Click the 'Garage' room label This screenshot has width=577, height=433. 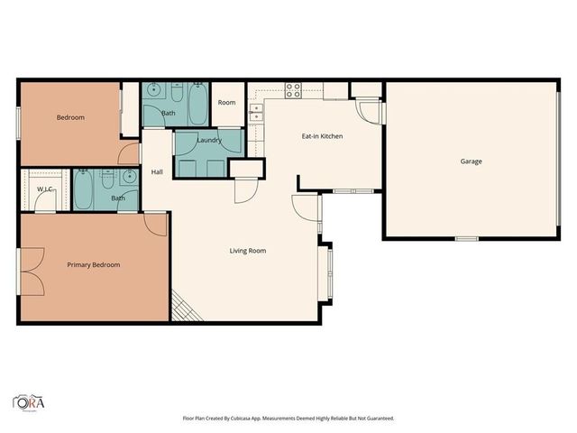[471, 161]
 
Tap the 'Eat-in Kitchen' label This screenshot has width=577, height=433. [322, 136]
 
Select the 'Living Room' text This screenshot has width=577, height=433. [247, 251]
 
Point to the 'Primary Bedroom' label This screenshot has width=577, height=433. [94, 265]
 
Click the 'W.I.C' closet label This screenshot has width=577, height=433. [44, 189]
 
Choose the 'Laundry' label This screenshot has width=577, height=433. [209, 141]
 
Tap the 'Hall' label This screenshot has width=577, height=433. [157, 172]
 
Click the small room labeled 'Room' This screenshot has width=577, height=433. [226, 103]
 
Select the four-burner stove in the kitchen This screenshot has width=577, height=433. [293, 89]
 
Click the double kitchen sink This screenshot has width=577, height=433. [256, 112]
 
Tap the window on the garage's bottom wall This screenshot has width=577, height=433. [466, 238]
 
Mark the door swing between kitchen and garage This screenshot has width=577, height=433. [371, 110]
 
